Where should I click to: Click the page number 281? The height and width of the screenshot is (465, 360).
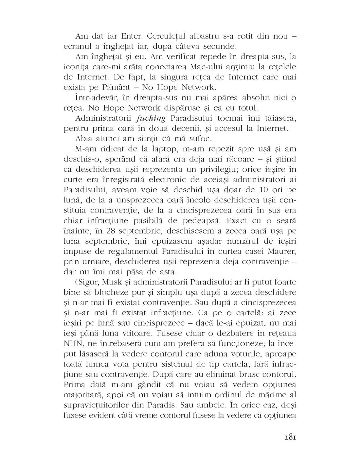288,437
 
